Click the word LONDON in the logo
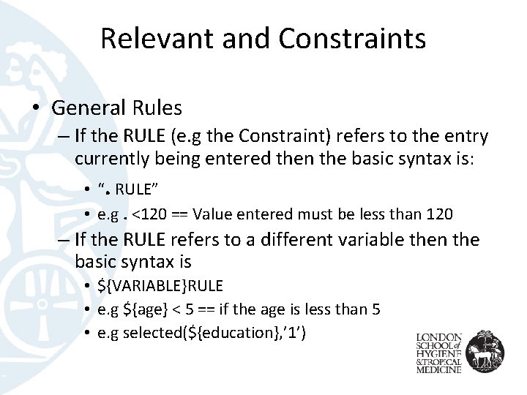pos(439,328)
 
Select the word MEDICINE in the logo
pos(439,369)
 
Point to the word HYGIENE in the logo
pos(439,350)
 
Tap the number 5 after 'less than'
pos(375,309)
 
